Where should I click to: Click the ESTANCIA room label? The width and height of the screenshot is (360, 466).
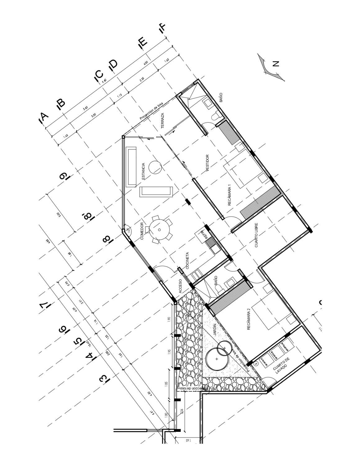coord(143,171)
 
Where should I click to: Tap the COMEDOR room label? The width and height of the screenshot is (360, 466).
coord(142,231)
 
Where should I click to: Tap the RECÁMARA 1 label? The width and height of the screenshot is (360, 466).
coord(230,195)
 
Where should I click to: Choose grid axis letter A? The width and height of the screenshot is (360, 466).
coord(43,118)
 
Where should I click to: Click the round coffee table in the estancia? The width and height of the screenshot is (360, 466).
coord(155,167)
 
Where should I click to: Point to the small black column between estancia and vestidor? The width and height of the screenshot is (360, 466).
coord(188,202)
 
